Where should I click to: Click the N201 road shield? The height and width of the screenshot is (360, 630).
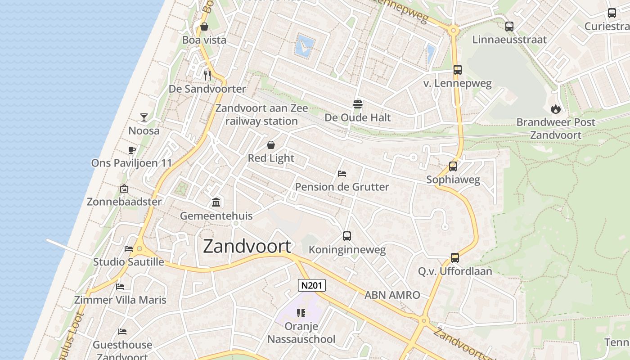coord(311,285)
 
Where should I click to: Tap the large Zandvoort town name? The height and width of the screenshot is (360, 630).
coord(247,247)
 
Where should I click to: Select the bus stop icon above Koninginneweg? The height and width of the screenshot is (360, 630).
coord(346,236)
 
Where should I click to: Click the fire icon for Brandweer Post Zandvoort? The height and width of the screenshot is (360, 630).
coord(555,108)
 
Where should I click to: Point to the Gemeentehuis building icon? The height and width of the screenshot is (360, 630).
coord(216,202)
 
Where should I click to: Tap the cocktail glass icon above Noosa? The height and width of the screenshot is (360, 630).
coord(144,117)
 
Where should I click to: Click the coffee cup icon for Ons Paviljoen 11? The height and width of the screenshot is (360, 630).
coord(131,149)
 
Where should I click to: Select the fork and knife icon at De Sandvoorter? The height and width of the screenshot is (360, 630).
coord(207,75)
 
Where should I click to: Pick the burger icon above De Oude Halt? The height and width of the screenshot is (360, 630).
coord(358,104)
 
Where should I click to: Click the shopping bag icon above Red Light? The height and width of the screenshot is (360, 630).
coord(271,144)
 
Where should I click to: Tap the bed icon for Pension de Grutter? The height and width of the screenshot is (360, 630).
coord(342,173)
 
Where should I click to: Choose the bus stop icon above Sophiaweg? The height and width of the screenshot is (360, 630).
coord(453,166)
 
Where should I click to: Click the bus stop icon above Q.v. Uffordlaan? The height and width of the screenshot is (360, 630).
coord(454,258)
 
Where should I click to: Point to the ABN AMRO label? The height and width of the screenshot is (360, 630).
coord(392,295)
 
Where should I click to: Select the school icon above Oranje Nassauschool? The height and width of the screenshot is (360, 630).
coord(301,313)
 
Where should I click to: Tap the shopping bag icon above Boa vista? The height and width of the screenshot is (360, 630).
coord(204,27)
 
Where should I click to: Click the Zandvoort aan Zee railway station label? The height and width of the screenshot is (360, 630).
coord(261,115)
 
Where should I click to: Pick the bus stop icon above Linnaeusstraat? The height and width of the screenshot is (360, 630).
coord(509,26)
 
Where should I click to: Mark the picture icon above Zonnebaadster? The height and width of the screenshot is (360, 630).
coord(124,189)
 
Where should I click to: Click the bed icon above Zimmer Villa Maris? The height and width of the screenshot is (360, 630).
coord(120,286)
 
